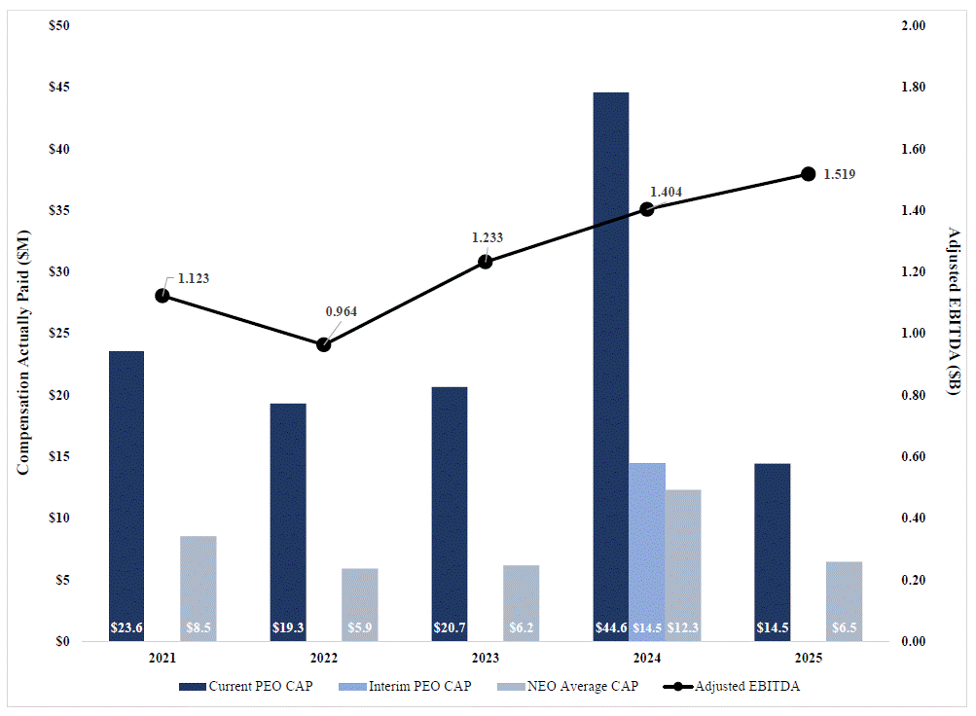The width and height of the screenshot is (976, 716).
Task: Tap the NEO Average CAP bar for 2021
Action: pyautogui.click(x=199, y=589)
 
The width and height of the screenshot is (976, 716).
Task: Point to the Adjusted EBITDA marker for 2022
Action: pyautogui.click(x=324, y=344)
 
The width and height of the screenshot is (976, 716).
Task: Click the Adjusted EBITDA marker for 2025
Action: pyautogui.click(x=808, y=174)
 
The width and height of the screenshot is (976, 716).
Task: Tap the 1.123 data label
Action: pyautogui.click(x=194, y=278)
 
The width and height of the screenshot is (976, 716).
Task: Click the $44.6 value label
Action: pyautogui.click(x=611, y=628)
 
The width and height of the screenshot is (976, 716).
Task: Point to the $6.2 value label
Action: pyautogui.click(x=522, y=628)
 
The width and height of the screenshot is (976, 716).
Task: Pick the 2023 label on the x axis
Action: pyautogui.click(x=486, y=659)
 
